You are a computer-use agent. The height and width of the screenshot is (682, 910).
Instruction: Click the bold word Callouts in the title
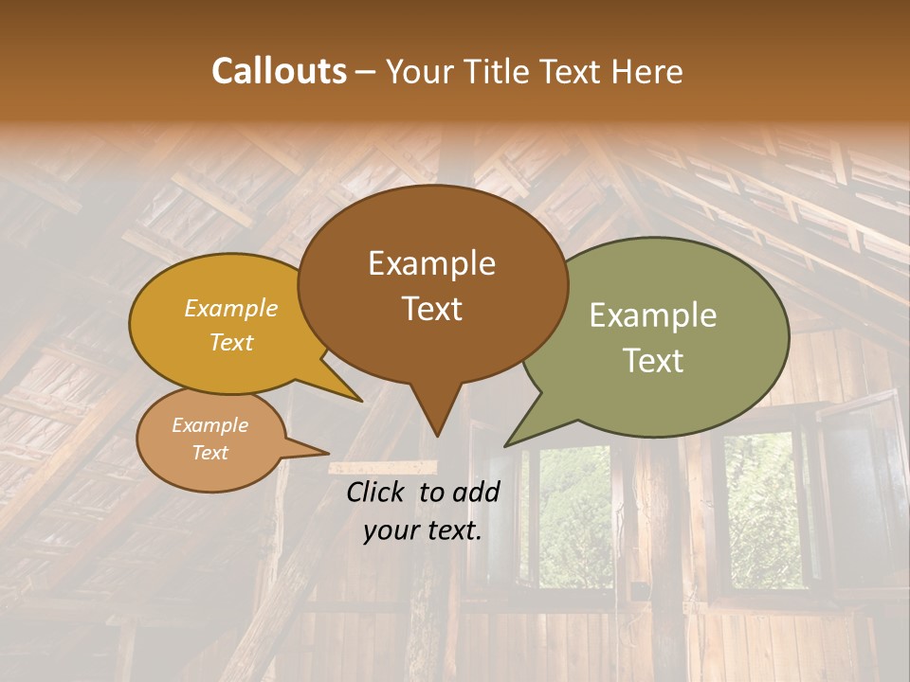click(279, 71)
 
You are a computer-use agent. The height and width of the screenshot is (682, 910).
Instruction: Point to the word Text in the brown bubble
click(431, 308)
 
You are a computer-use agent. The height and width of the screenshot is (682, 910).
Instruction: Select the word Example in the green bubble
click(652, 314)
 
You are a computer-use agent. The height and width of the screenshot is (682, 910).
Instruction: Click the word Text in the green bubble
click(652, 360)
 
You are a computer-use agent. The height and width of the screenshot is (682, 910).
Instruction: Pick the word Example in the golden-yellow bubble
click(231, 308)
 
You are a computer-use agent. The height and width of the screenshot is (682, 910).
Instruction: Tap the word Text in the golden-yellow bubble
click(231, 342)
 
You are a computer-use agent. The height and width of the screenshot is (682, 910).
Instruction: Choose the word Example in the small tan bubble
click(209, 425)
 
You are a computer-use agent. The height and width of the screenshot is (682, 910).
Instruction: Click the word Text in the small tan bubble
click(209, 453)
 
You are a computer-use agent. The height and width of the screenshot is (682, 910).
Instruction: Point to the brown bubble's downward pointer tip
click(436, 435)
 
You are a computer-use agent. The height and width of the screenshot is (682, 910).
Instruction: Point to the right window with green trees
click(763, 511)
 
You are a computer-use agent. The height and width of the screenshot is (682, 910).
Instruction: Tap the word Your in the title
click(418, 71)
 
